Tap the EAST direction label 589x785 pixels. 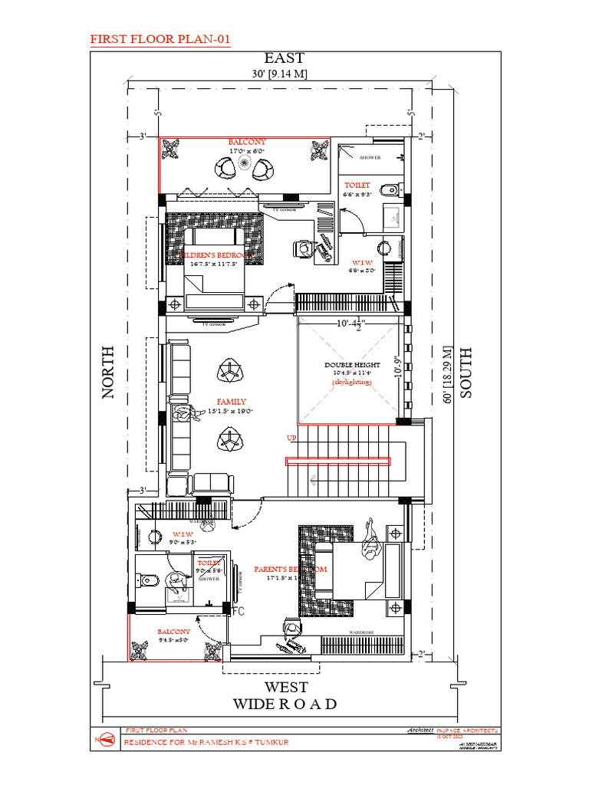(285, 58)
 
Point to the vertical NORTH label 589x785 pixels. (107, 371)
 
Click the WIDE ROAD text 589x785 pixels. (285, 704)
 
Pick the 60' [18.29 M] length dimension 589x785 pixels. (446, 371)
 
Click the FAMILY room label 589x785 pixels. (231, 402)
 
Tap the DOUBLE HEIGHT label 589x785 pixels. (351, 365)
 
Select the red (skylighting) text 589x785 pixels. (351, 381)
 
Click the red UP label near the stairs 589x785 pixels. (291, 438)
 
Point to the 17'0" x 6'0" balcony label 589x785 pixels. (247, 151)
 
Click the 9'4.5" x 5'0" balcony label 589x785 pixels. (174, 639)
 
